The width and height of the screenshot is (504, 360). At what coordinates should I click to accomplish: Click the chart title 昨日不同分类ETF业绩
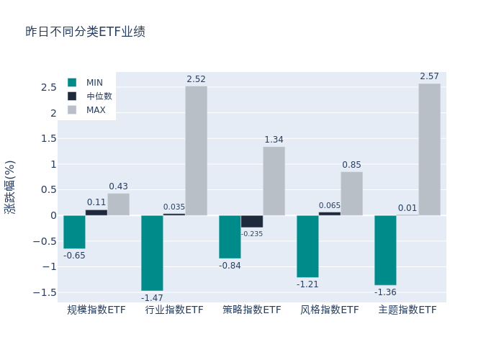coord(85,32)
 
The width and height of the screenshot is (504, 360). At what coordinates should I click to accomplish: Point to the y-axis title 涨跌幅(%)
coord(10,186)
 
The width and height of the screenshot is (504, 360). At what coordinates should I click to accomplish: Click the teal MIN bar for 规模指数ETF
coord(74,232)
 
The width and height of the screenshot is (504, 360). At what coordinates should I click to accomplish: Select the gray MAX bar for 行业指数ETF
coord(196,150)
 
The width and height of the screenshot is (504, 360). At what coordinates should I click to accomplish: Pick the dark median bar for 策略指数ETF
coord(252,221)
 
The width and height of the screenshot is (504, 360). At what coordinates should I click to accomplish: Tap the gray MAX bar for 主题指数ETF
coord(429,149)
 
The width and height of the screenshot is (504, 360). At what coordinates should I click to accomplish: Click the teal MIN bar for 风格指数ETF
coord(307,246)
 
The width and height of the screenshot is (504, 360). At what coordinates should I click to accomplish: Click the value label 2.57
coord(429,76)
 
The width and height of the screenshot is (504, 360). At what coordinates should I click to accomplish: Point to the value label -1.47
coord(152,297)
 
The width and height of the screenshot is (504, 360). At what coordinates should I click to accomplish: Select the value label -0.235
coord(252,233)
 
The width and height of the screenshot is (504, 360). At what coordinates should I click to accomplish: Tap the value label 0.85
coord(351,165)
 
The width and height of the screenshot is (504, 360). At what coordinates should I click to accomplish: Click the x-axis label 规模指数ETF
coord(96,310)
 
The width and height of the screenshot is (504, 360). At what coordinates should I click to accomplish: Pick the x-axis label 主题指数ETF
coord(408,310)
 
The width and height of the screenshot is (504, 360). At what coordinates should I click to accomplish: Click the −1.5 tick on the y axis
coord(46,292)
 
